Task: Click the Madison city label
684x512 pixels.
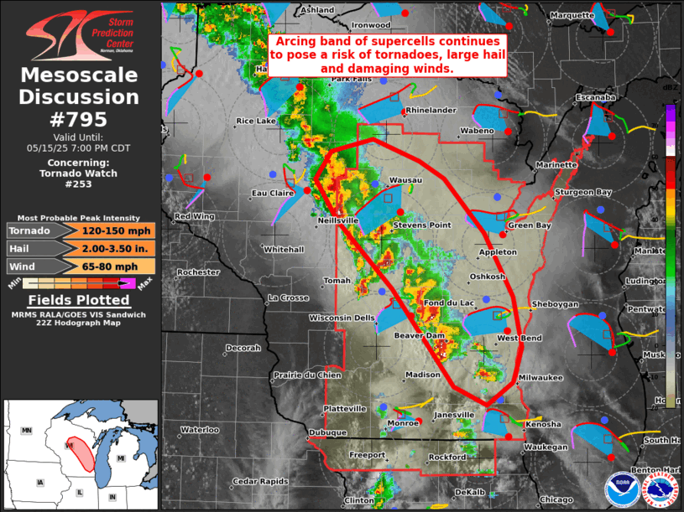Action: pyautogui.click(x=422, y=375)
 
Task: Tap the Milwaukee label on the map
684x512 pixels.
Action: pyautogui.click(x=541, y=378)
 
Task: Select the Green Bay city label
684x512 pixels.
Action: pyautogui.click(x=530, y=225)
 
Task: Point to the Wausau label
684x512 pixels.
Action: pyautogui.click(x=406, y=180)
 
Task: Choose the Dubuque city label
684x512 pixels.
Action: pyautogui.click(x=327, y=432)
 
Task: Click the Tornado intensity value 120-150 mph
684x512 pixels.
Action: pyautogui.click(x=117, y=230)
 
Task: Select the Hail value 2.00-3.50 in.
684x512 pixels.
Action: pyautogui.click(x=117, y=248)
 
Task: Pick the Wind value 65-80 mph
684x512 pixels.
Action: pyautogui.click(x=117, y=266)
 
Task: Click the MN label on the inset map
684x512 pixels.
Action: pyautogui.click(x=26, y=430)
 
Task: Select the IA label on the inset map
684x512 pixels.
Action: pyautogui.click(x=39, y=483)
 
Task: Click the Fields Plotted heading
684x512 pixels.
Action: pyautogui.click(x=80, y=300)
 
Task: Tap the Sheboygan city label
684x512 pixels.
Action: pyautogui.click(x=554, y=304)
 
